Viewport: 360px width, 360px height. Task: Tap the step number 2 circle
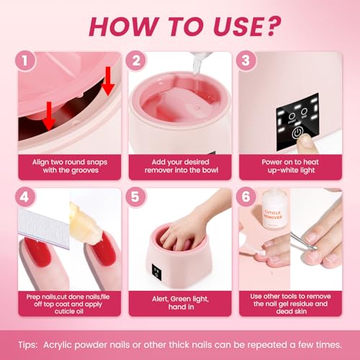click(x=135, y=62)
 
